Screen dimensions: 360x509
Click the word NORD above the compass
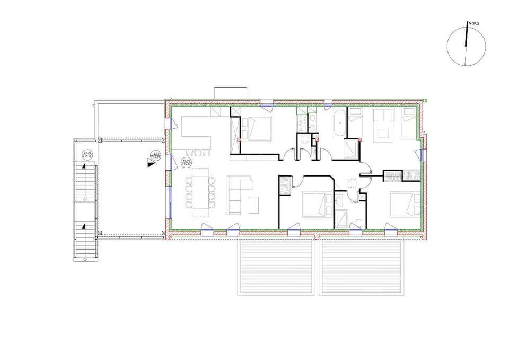click(473, 24)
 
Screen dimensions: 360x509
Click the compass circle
click(466, 47)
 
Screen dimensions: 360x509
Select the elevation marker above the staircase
click(85, 155)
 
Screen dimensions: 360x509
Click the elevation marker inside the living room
click(186, 162)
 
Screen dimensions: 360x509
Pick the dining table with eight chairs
click(200, 192)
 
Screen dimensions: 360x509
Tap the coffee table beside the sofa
click(253, 205)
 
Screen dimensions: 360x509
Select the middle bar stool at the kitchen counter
click(198, 153)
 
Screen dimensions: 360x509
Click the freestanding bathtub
click(338, 125)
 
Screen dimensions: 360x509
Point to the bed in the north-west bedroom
click(258, 128)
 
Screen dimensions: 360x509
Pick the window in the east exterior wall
click(422, 155)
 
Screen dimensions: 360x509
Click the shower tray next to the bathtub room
click(351, 149)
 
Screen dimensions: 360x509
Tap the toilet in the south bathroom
click(359, 223)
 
